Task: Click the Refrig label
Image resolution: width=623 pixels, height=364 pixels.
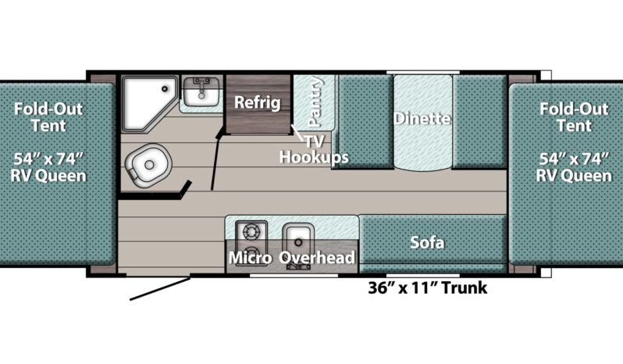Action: pyautogui.click(x=258, y=102)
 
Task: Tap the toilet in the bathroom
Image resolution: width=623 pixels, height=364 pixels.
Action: pyautogui.click(x=148, y=165)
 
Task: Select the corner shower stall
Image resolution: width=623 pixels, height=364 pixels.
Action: pyautogui.click(x=149, y=104)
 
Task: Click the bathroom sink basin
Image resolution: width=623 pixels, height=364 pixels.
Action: pyautogui.click(x=201, y=91)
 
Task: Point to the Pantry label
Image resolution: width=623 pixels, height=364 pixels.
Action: pyautogui.click(x=315, y=102)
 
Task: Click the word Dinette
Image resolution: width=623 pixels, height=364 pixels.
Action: pyautogui.click(x=422, y=119)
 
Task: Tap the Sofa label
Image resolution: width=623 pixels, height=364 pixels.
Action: pyautogui.click(x=427, y=242)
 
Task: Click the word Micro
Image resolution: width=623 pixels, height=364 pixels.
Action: pyautogui.click(x=251, y=258)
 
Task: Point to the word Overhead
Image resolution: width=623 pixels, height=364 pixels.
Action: pyautogui.click(x=317, y=258)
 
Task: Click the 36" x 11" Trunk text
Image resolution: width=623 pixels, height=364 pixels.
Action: pyautogui.click(x=428, y=287)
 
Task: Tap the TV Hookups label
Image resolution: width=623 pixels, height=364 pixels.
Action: pyautogui.click(x=314, y=149)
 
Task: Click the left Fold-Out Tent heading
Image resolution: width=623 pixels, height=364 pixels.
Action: pyautogui.click(x=48, y=117)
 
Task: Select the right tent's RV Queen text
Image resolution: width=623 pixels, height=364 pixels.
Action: pyautogui.click(x=574, y=176)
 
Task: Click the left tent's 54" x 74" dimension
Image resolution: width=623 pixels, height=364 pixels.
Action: pyautogui.click(x=48, y=159)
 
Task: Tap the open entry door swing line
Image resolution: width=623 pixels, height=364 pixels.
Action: pyautogui.click(x=160, y=289)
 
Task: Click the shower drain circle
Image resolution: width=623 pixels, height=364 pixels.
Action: pyautogui.click(x=165, y=89)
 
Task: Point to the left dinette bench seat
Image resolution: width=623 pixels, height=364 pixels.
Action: pyautogui.click(x=365, y=121)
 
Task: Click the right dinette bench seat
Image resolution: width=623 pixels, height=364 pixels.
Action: pyautogui.click(x=480, y=121)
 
